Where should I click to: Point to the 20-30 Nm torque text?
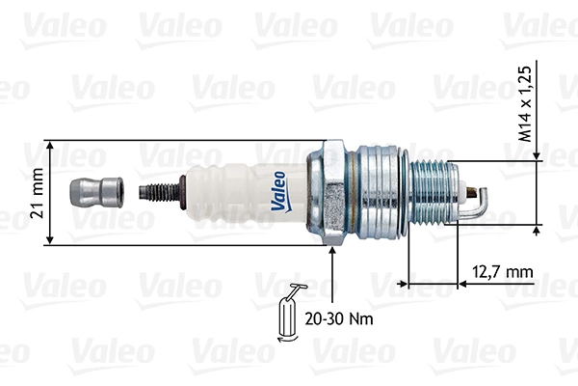coord(338,317)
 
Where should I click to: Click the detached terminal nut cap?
coord(98,191)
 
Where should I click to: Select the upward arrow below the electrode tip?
coord(536,232)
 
